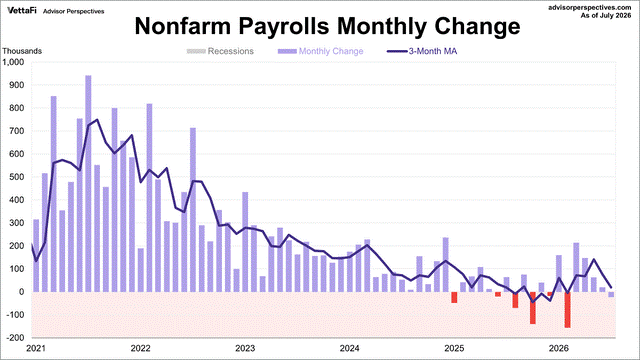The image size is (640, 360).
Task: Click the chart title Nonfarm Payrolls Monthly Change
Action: tap(327, 27)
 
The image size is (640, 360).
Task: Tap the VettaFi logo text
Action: tap(22, 11)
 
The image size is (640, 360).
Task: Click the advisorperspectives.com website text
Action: tap(590, 7)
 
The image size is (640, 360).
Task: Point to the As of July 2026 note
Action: tap(606, 16)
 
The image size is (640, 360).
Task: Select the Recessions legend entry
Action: tap(220, 51)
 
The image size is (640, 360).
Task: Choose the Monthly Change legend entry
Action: tap(320, 51)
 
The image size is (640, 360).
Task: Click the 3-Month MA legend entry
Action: tap(422, 51)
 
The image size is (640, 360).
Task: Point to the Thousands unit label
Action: tap(22, 51)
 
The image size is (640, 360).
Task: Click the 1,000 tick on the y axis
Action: tap(13, 62)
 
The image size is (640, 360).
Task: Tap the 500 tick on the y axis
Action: tap(18, 177)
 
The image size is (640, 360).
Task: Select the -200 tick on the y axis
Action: tap(16, 338)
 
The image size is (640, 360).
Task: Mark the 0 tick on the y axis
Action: tap(22, 292)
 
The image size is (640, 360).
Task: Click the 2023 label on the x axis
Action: tap(245, 348)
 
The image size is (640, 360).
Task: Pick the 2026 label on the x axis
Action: tap(559, 348)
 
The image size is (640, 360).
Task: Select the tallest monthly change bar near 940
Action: tap(88, 184)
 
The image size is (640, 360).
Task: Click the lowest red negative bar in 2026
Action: tap(567, 310)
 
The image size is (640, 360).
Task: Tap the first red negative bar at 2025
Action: tap(454, 297)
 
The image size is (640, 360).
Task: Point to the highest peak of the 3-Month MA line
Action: tap(97, 120)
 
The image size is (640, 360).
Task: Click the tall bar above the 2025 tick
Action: tap(445, 264)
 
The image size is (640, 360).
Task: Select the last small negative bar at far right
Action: tap(611, 294)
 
